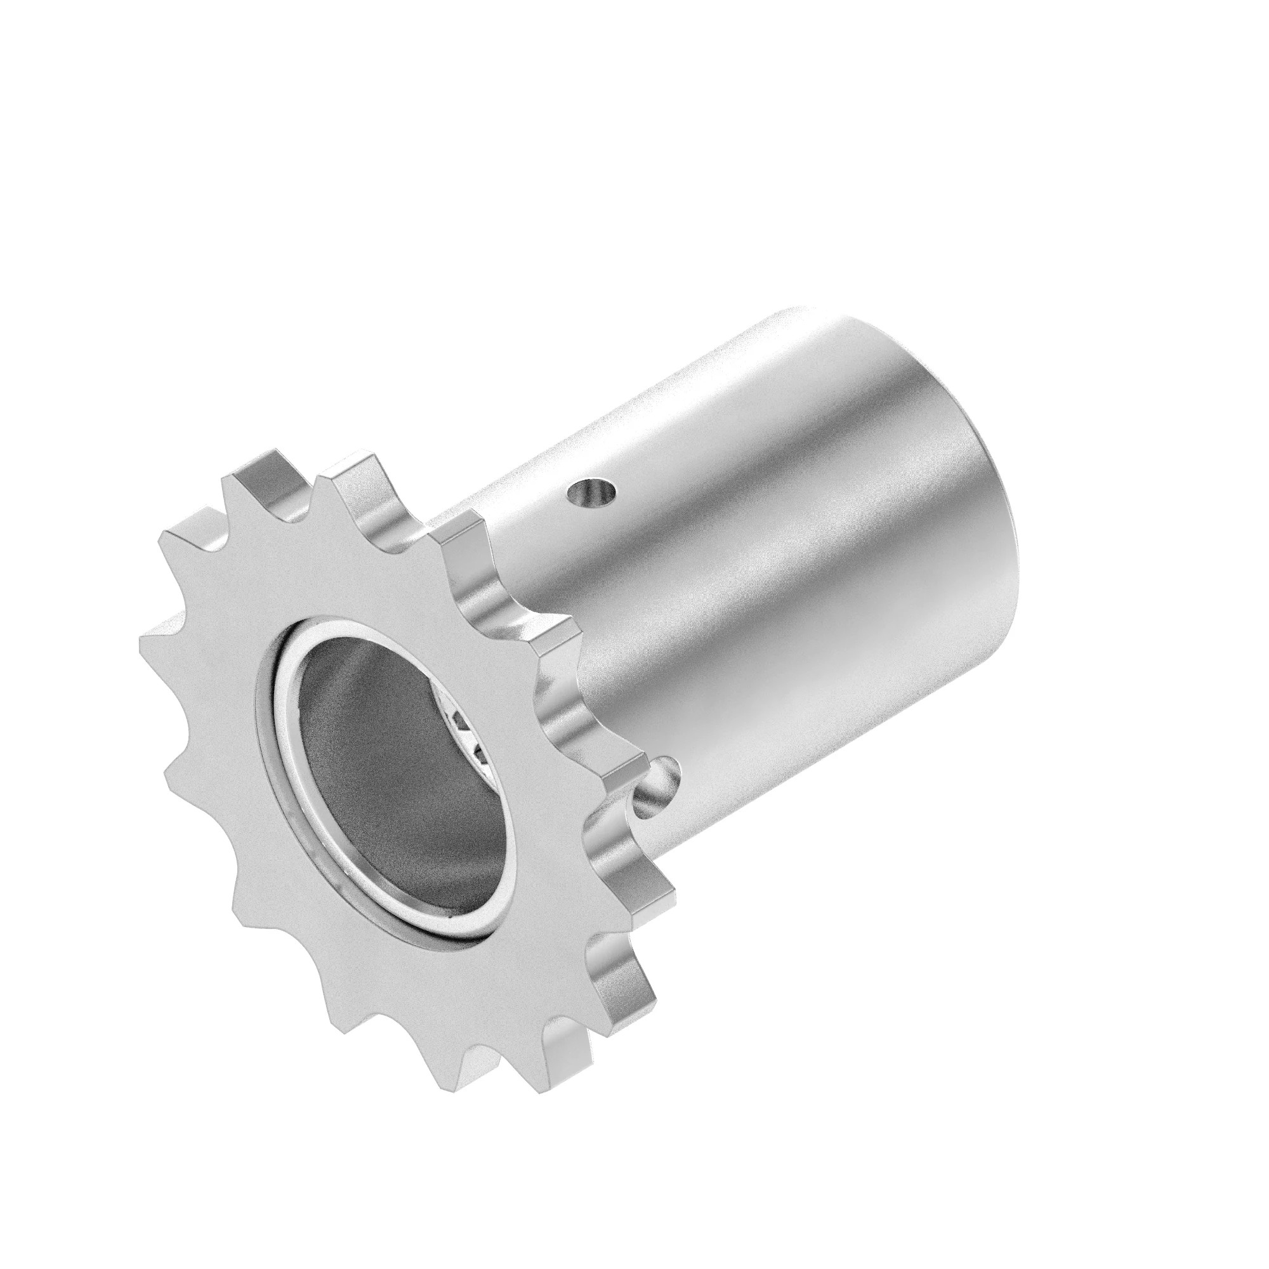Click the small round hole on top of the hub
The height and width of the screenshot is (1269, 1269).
pos(593,492)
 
